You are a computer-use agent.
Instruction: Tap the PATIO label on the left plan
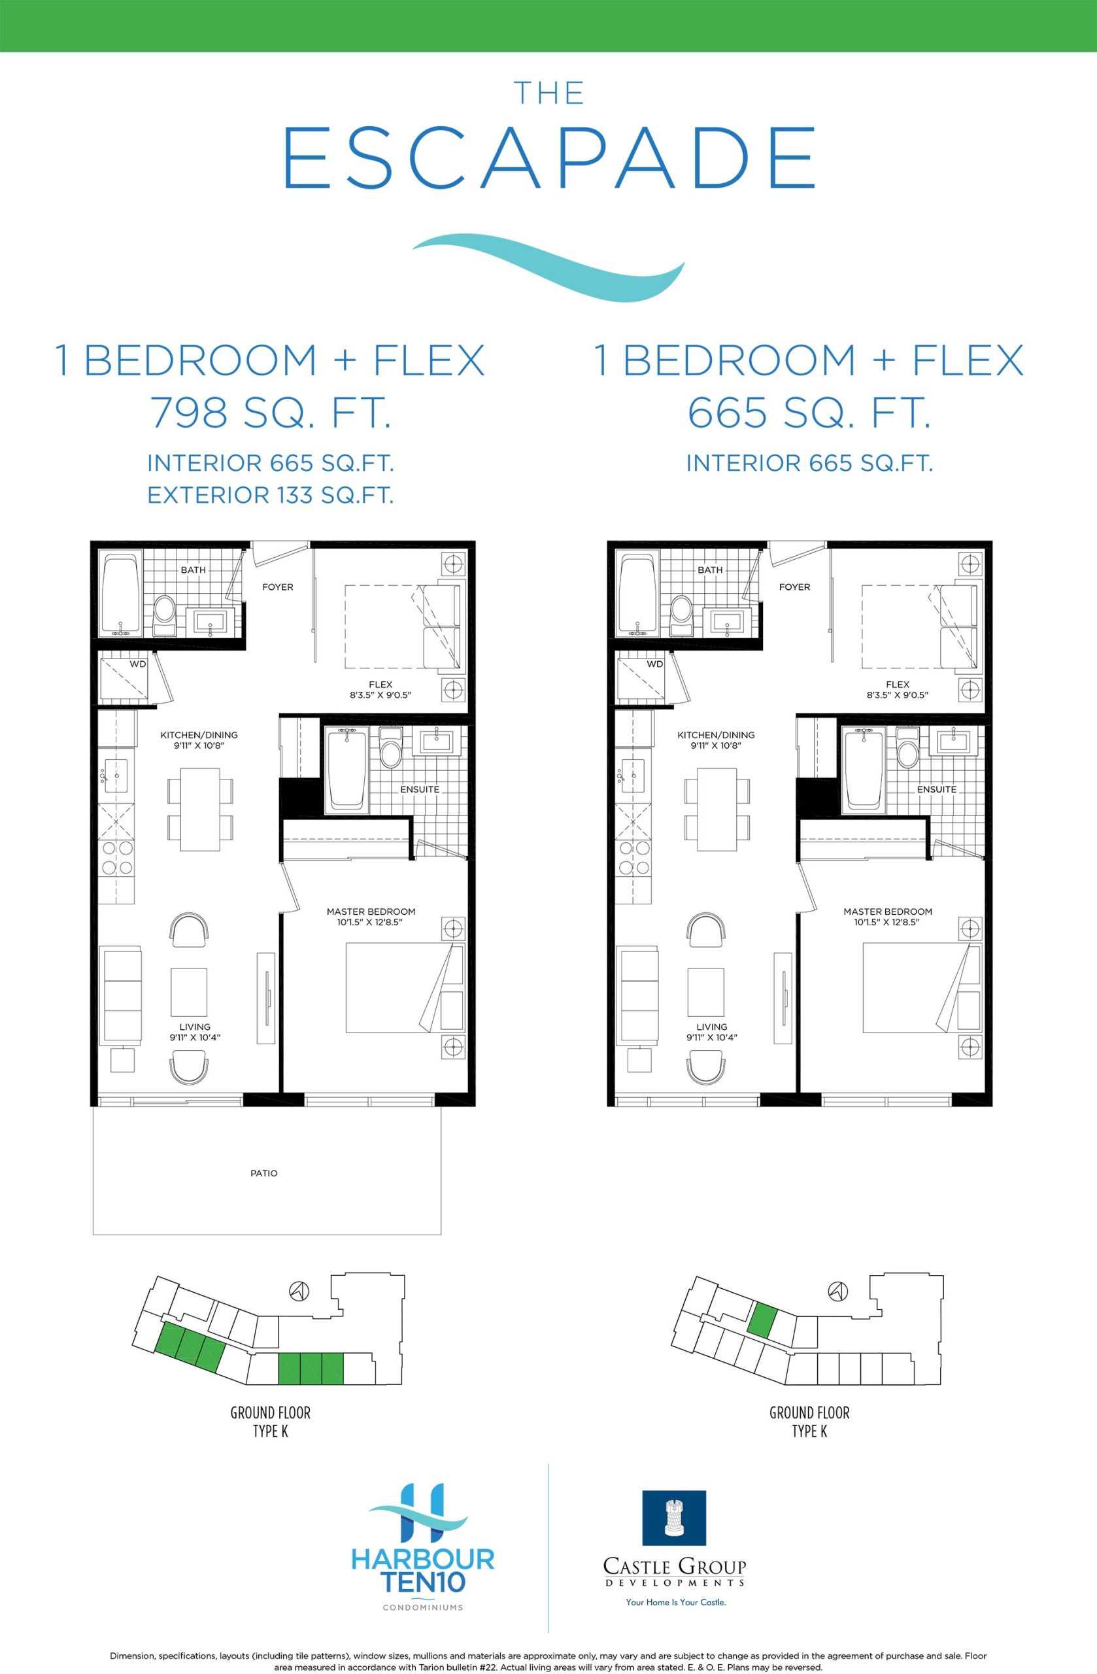coord(263,1173)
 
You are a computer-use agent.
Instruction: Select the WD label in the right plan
coord(654,664)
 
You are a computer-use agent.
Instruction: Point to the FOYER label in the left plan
coord(278,587)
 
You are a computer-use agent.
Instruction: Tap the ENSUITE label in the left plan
coord(420,789)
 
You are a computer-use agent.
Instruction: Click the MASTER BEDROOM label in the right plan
coord(888,912)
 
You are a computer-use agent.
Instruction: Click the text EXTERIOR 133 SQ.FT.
coord(270,495)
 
